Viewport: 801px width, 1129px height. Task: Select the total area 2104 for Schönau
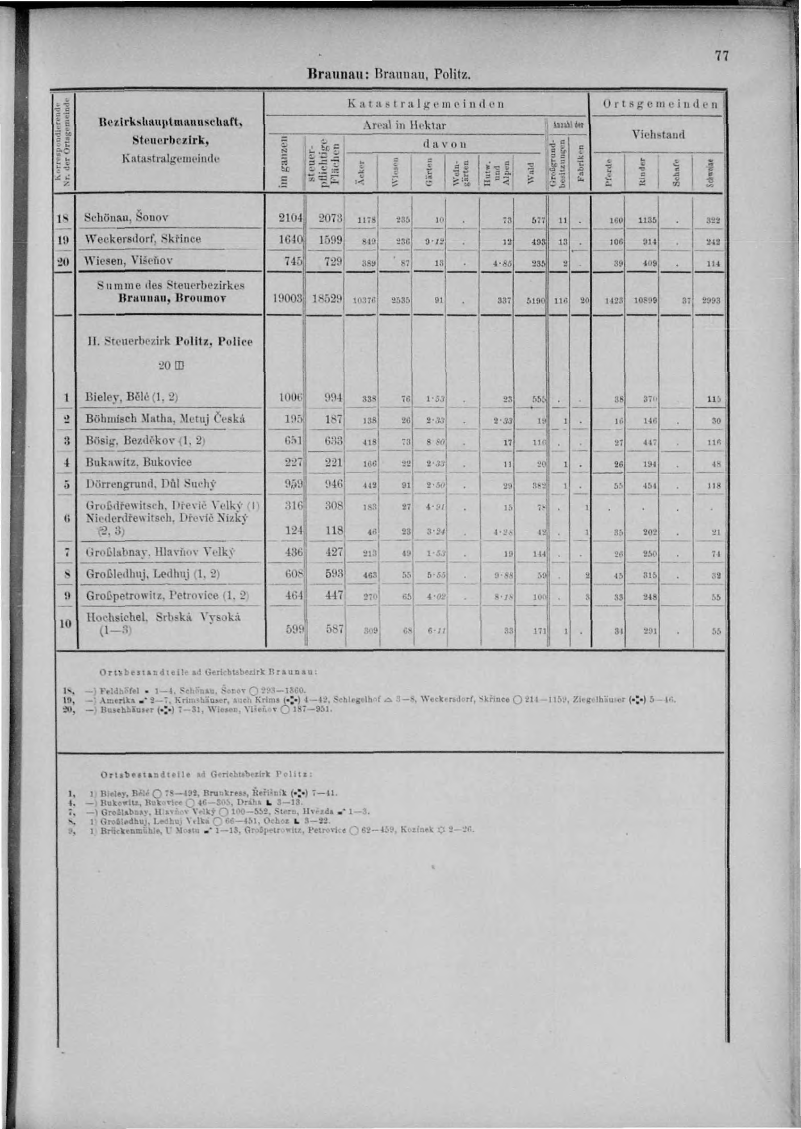[x=291, y=217]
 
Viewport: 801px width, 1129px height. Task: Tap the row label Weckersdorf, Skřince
[x=143, y=239]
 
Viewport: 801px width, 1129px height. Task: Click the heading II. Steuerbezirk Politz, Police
[x=169, y=342]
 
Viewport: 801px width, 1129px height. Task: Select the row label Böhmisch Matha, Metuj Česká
[x=165, y=419]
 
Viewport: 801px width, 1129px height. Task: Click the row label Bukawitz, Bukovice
[x=138, y=462]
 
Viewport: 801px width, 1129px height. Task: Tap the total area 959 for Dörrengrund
[x=294, y=484]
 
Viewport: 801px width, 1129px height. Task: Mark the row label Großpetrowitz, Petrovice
[x=167, y=595]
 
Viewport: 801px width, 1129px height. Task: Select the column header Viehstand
[x=659, y=134]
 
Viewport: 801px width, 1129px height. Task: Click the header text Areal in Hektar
[x=404, y=125]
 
